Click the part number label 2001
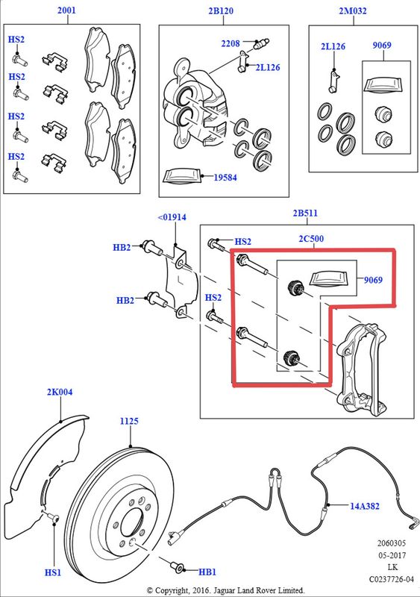point(66,10)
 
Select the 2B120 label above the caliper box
point(221,10)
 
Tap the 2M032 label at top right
point(353,10)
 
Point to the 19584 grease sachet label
point(225,178)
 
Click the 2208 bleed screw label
point(231,43)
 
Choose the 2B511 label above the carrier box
point(305,213)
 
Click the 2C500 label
point(311,239)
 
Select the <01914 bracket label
point(172,217)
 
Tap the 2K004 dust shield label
point(60,392)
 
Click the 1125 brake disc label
point(129,421)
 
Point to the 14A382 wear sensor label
point(365,506)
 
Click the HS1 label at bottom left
point(52,572)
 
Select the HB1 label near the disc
point(207,572)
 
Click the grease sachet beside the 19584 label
point(181,177)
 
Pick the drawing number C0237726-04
point(391,580)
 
